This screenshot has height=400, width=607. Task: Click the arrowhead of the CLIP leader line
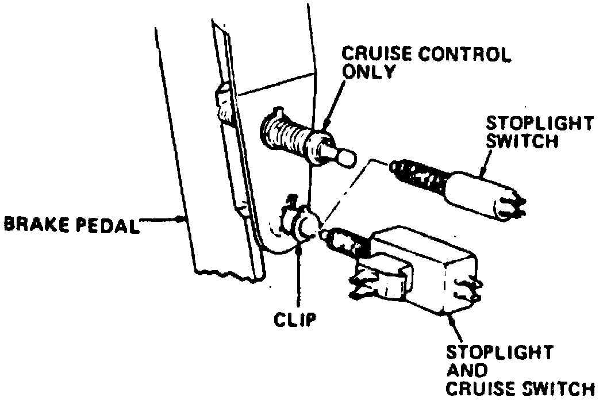pos(298,249)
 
